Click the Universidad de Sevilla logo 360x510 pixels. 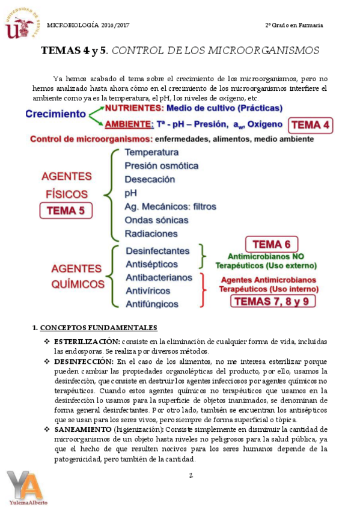pos(21,25)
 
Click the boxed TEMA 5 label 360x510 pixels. pos(66,211)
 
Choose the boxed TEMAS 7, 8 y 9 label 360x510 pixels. pos(273,301)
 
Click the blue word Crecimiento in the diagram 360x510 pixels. pos(56,114)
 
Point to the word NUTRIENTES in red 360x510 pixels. pos(133,108)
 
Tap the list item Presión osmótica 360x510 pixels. pos(161,165)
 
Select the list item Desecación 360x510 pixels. pos(150,179)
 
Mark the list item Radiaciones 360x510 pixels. pos(151,233)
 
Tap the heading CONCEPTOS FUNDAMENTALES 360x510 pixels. pos(99,328)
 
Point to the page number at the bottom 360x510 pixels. pos(191,476)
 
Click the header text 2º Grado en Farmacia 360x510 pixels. pos(294,25)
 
